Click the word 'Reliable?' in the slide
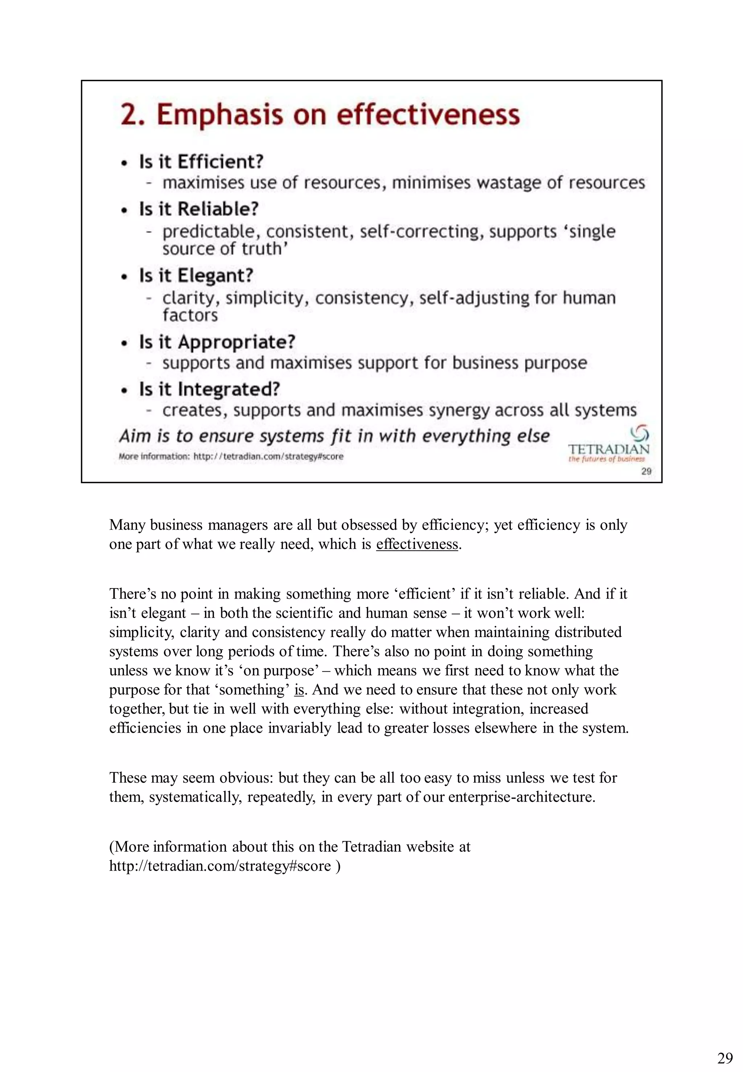point(218,209)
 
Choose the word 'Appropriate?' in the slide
point(236,342)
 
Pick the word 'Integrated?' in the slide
point(229,389)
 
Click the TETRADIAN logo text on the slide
point(608,449)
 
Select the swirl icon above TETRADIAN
point(640,433)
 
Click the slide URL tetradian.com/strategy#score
point(268,457)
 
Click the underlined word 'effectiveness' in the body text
point(417,544)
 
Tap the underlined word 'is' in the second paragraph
point(299,689)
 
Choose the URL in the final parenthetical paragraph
point(220,865)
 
